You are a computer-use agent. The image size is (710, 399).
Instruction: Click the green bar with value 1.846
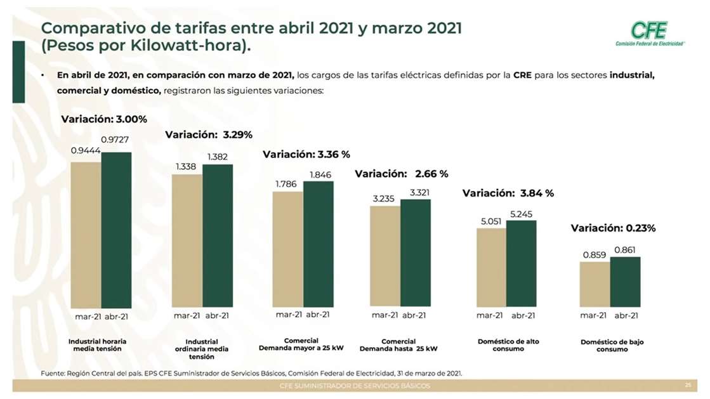click(x=319, y=244)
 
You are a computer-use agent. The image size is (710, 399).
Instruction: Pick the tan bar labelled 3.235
click(x=385, y=255)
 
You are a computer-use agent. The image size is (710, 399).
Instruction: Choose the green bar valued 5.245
click(x=521, y=263)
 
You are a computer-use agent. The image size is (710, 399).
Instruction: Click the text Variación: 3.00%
click(x=104, y=119)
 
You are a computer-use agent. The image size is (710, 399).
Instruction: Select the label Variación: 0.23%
click(x=613, y=228)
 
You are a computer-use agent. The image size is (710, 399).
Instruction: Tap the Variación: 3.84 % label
click(x=508, y=193)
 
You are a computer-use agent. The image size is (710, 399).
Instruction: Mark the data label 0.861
click(x=625, y=250)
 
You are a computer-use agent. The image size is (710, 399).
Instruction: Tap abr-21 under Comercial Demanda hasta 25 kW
click(x=413, y=315)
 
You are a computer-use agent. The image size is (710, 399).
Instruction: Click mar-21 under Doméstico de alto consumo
click(x=489, y=315)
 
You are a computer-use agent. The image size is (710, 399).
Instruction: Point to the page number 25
click(x=688, y=386)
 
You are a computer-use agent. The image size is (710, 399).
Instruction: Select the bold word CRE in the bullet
click(x=523, y=75)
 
